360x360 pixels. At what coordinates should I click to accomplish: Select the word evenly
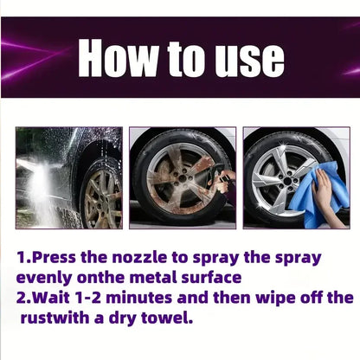tap(45, 278)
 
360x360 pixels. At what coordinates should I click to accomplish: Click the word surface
tap(210, 278)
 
